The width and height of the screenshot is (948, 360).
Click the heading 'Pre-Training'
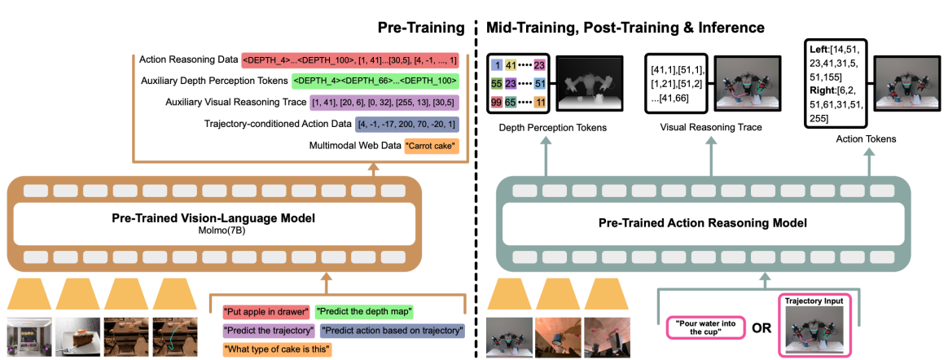421,27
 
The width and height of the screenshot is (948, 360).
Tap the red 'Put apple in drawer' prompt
266,312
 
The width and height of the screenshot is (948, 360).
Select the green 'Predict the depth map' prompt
364,312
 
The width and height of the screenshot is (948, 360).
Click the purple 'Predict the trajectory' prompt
269,331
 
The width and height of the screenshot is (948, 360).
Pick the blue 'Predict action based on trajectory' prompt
393,331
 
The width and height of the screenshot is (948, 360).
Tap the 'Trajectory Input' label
818,300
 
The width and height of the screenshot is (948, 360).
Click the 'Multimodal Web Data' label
354,146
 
